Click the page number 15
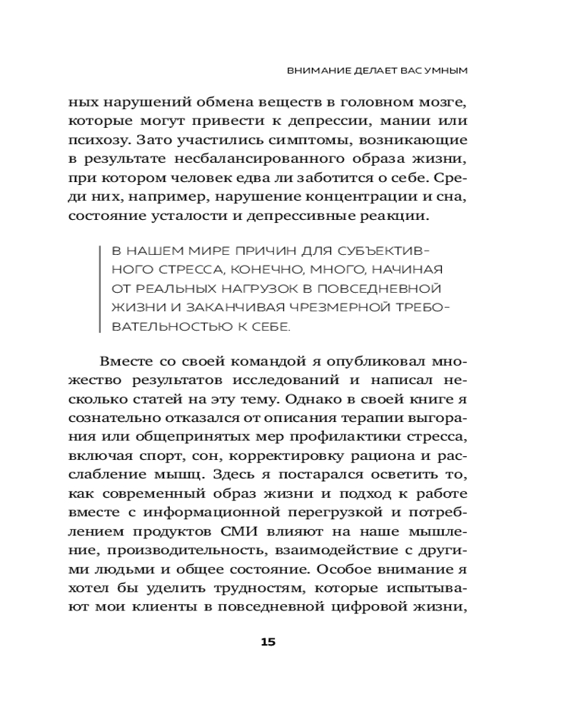point(268,642)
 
